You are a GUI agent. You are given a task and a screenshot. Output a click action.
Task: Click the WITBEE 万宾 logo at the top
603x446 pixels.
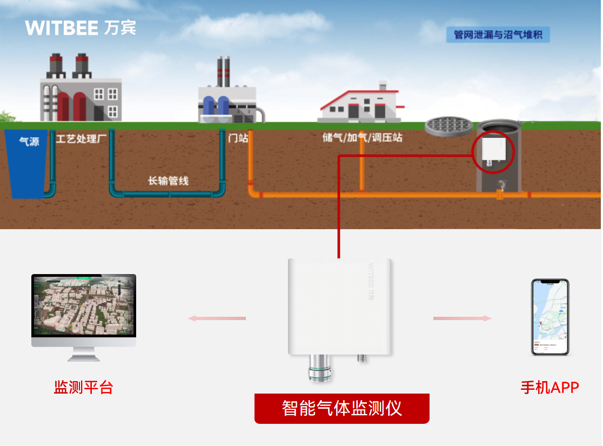(x=81, y=28)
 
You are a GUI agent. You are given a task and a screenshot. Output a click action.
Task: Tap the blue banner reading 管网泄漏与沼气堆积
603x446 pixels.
(x=498, y=35)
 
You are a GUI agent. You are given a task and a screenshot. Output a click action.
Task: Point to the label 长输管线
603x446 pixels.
(x=168, y=181)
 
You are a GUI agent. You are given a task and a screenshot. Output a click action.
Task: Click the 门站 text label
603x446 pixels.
(x=238, y=138)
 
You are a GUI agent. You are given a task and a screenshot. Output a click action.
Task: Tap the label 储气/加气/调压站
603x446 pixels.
(x=362, y=137)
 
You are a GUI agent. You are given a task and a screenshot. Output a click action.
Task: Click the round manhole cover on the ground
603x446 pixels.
(x=448, y=126)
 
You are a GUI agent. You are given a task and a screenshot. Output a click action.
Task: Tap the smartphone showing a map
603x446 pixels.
(x=550, y=317)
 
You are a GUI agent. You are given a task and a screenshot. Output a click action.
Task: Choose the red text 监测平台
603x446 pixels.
(x=83, y=387)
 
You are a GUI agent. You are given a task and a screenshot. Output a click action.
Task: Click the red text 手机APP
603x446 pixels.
(x=550, y=387)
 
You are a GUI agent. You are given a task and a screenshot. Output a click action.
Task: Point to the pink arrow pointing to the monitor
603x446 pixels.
(x=216, y=318)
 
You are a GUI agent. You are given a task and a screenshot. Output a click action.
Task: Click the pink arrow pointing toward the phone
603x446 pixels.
(x=463, y=318)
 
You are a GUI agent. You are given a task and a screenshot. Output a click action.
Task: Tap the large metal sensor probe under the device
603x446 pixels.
(x=319, y=369)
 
